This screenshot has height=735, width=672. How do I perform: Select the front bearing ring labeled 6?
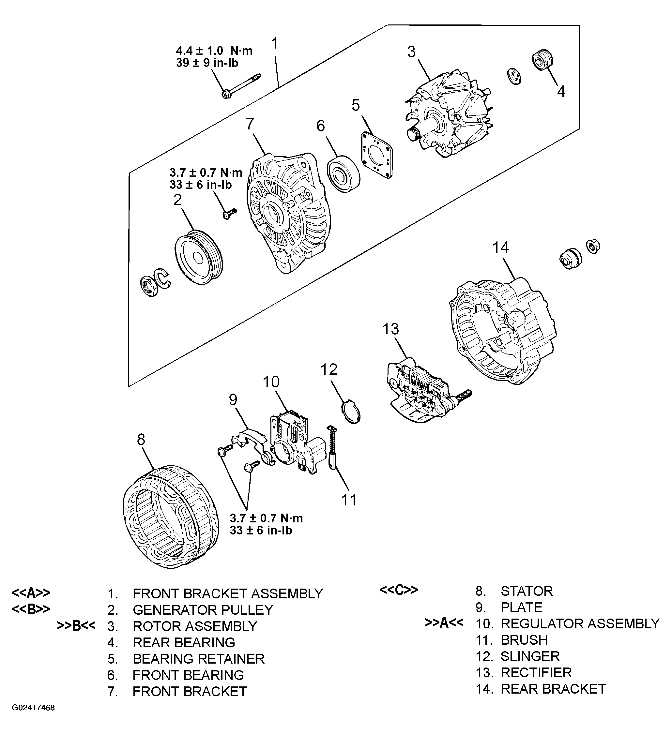[343, 174]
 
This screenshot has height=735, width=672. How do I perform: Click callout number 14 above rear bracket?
[500, 247]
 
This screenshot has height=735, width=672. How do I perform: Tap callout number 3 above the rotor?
[411, 52]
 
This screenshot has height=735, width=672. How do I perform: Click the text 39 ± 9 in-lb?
[207, 63]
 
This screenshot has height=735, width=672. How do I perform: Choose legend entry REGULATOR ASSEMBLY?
[580, 624]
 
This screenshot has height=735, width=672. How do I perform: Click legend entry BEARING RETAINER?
[198, 659]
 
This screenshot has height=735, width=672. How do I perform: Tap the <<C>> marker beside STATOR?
[399, 590]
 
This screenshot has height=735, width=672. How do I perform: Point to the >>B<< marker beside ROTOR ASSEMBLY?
[76, 626]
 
